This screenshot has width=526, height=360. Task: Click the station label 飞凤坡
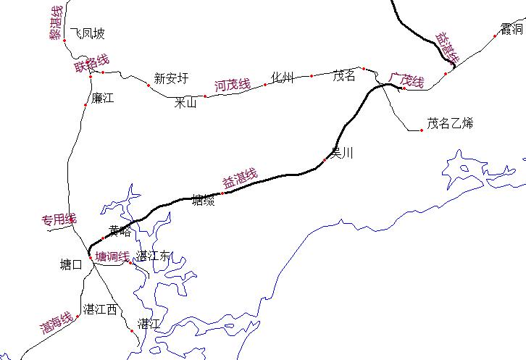(x=87, y=33)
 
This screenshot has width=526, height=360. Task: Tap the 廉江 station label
(x=102, y=98)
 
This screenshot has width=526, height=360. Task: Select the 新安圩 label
(x=171, y=78)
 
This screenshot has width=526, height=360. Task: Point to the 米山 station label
(x=185, y=103)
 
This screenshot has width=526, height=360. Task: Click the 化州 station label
(x=282, y=78)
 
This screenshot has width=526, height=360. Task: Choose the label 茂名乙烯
(x=449, y=123)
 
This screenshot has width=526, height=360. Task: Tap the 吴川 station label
(x=341, y=153)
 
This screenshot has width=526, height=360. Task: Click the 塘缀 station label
(x=203, y=199)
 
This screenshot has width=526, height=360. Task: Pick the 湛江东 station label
(x=153, y=256)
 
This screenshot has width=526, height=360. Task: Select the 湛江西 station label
(x=100, y=310)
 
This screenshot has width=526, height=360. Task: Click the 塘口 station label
(x=70, y=265)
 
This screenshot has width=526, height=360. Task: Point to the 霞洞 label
(x=511, y=29)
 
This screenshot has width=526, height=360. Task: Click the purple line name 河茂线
(x=232, y=85)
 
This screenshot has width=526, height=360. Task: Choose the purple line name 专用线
(x=58, y=219)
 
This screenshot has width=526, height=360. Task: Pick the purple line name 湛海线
(x=56, y=321)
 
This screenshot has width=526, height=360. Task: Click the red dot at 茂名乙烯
(x=422, y=130)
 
